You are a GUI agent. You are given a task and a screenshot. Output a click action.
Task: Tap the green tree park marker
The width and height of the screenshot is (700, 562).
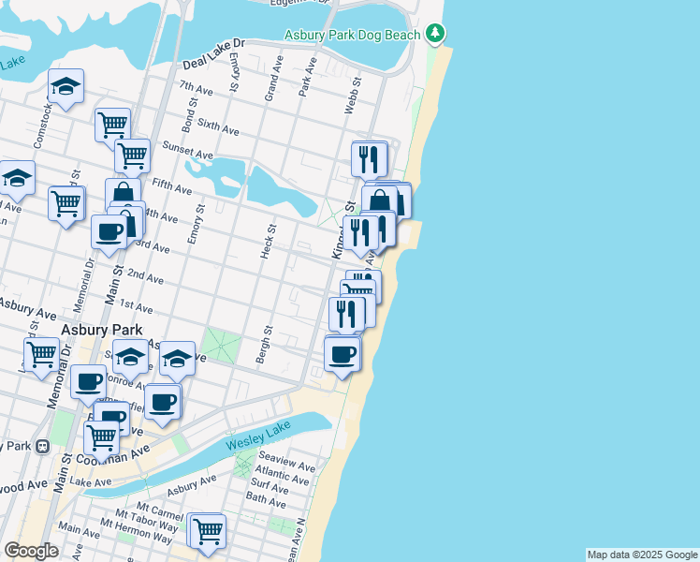[434, 35]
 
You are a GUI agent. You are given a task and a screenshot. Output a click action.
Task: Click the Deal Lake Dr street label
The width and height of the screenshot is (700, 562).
[214, 56]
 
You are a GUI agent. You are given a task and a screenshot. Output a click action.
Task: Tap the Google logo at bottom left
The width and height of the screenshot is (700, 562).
[31, 551]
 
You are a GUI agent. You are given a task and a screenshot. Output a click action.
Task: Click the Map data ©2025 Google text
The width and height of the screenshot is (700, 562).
[642, 555]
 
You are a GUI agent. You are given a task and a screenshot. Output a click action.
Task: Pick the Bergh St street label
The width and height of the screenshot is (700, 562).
[264, 345]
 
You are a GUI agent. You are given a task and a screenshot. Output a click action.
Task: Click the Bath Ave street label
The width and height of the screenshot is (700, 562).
[265, 503]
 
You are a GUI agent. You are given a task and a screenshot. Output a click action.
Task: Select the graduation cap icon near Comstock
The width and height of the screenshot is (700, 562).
[66, 87]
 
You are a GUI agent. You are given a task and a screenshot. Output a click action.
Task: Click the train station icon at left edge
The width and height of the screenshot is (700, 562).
[42, 447]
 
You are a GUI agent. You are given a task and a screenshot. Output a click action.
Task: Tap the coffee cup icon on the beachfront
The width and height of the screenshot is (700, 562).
[343, 354]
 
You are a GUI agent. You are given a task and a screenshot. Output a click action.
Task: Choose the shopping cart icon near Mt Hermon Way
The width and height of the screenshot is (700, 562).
[208, 530]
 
